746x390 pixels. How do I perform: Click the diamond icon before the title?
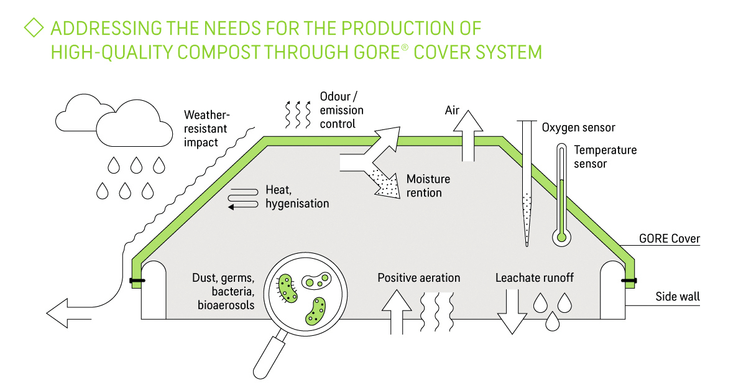point(34,29)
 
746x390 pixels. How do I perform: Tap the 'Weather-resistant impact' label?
point(206,129)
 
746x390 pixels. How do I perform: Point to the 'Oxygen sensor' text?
point(578,128)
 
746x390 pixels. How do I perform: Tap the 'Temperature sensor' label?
point(606,157)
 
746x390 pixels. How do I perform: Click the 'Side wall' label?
point(678,297)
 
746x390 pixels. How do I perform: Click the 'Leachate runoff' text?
point(534,277)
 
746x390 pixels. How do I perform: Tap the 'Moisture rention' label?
point(428,186)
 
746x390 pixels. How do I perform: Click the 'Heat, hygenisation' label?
point(297,197)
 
